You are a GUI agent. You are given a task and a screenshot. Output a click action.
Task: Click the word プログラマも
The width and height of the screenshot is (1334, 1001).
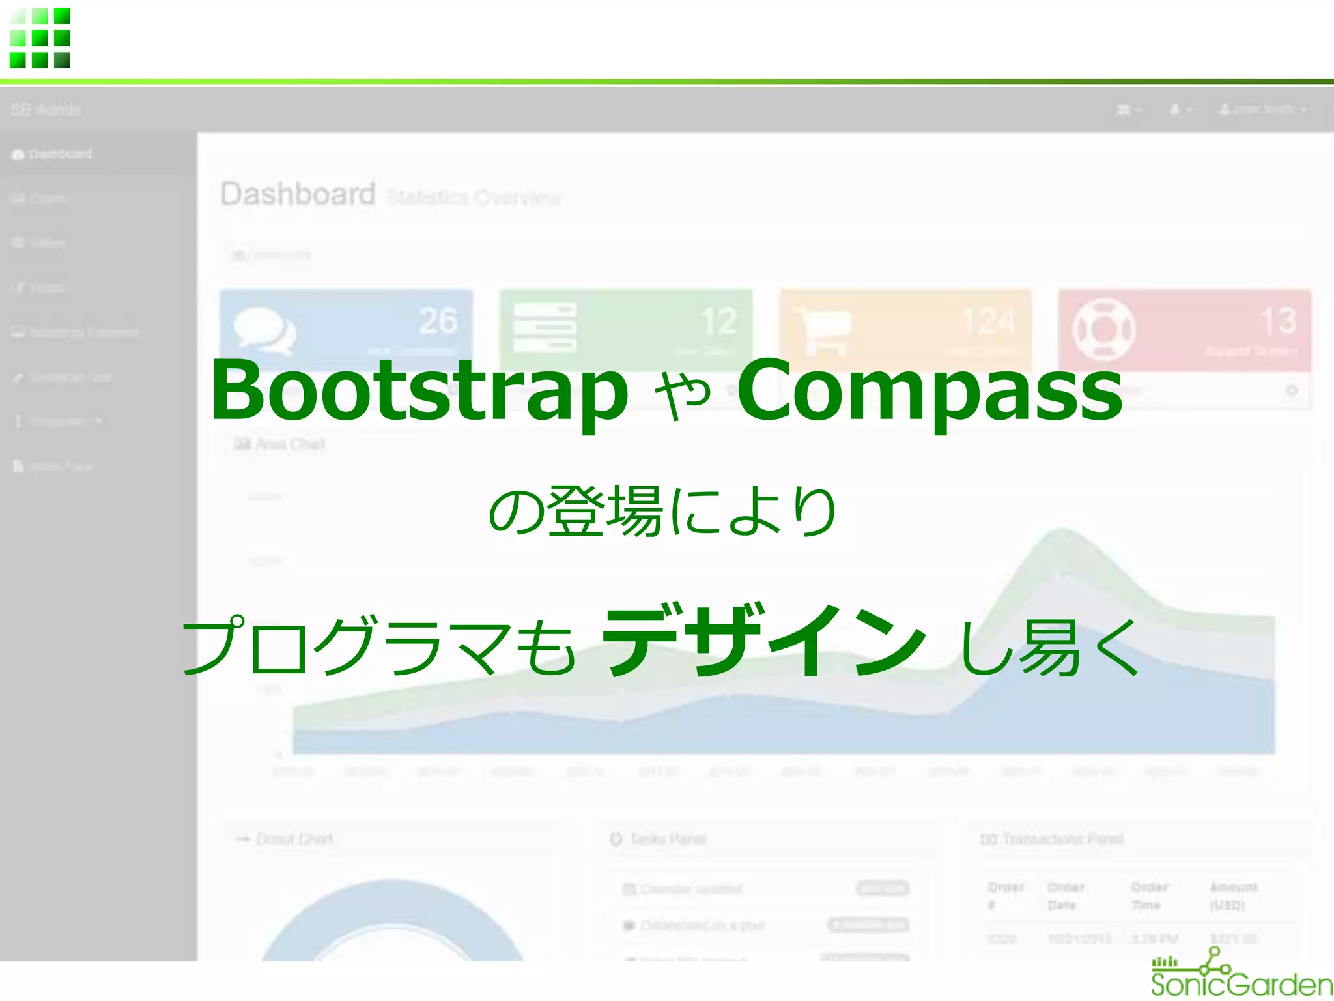(378, 645)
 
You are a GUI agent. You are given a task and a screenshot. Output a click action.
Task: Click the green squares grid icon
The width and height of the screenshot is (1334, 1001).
(40, 38)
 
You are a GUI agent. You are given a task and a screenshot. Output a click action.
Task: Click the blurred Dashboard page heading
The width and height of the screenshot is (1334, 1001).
(298, 194)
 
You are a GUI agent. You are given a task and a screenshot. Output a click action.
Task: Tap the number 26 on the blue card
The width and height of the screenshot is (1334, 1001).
(438, 321)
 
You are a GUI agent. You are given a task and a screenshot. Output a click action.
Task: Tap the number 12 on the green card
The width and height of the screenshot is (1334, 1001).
(719, 321)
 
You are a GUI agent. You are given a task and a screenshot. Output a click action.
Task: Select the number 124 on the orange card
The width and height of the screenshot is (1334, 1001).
(989, 321)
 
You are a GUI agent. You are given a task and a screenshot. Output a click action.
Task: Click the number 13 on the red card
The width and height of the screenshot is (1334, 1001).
(1278, 321)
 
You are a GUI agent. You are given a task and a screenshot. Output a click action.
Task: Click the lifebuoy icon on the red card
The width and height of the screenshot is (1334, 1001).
(1104, 329)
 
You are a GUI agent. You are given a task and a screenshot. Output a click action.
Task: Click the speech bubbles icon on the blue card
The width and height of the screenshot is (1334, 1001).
(264, 329)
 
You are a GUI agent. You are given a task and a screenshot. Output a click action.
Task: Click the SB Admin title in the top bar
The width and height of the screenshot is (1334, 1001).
(46, 109)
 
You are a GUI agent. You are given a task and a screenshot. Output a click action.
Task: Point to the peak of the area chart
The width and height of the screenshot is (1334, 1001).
(1060, 531)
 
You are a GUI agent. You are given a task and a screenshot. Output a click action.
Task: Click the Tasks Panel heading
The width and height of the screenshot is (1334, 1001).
(668, 839)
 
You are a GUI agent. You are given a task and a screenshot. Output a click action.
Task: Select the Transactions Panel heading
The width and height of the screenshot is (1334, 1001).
(1062, 839)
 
